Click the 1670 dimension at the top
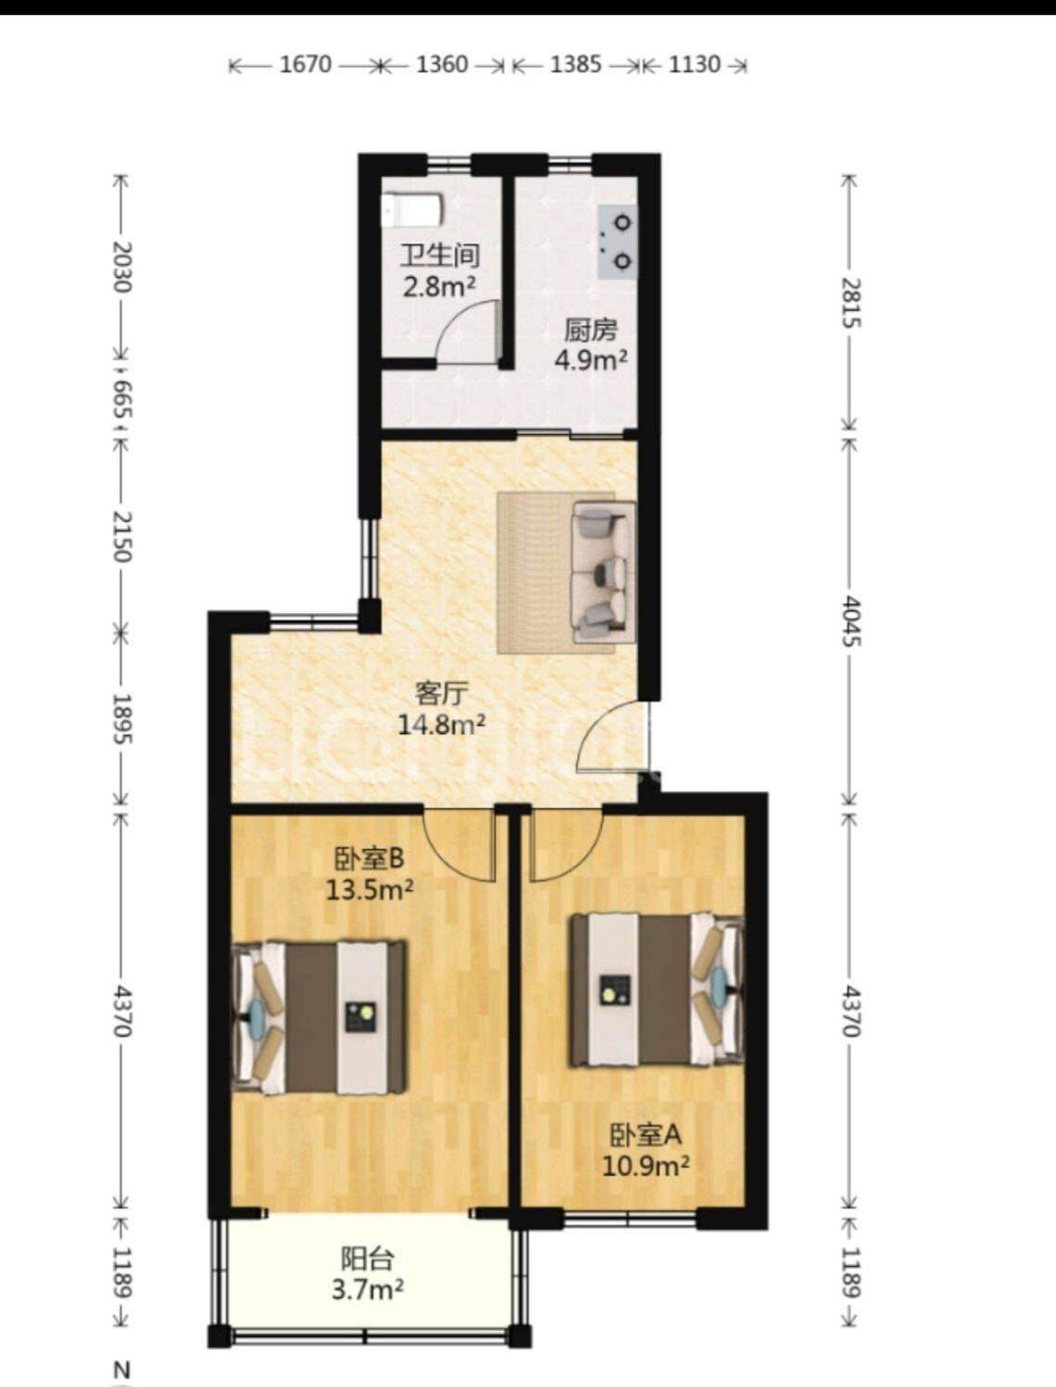coord(305,64)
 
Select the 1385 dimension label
coord(576,64)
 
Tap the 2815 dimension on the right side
coord(852,303)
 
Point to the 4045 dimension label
coord(852,622)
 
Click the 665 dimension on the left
coord(123,399)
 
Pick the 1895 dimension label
coord(123,718)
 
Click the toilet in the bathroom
coord(411,211)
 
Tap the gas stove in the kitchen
coord(617,242)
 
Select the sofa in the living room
coord(603,572)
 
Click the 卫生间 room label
coord(441,255)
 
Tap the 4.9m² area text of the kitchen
coord(591,360)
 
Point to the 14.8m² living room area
coord(441,725)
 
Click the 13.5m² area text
coord(370,891)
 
